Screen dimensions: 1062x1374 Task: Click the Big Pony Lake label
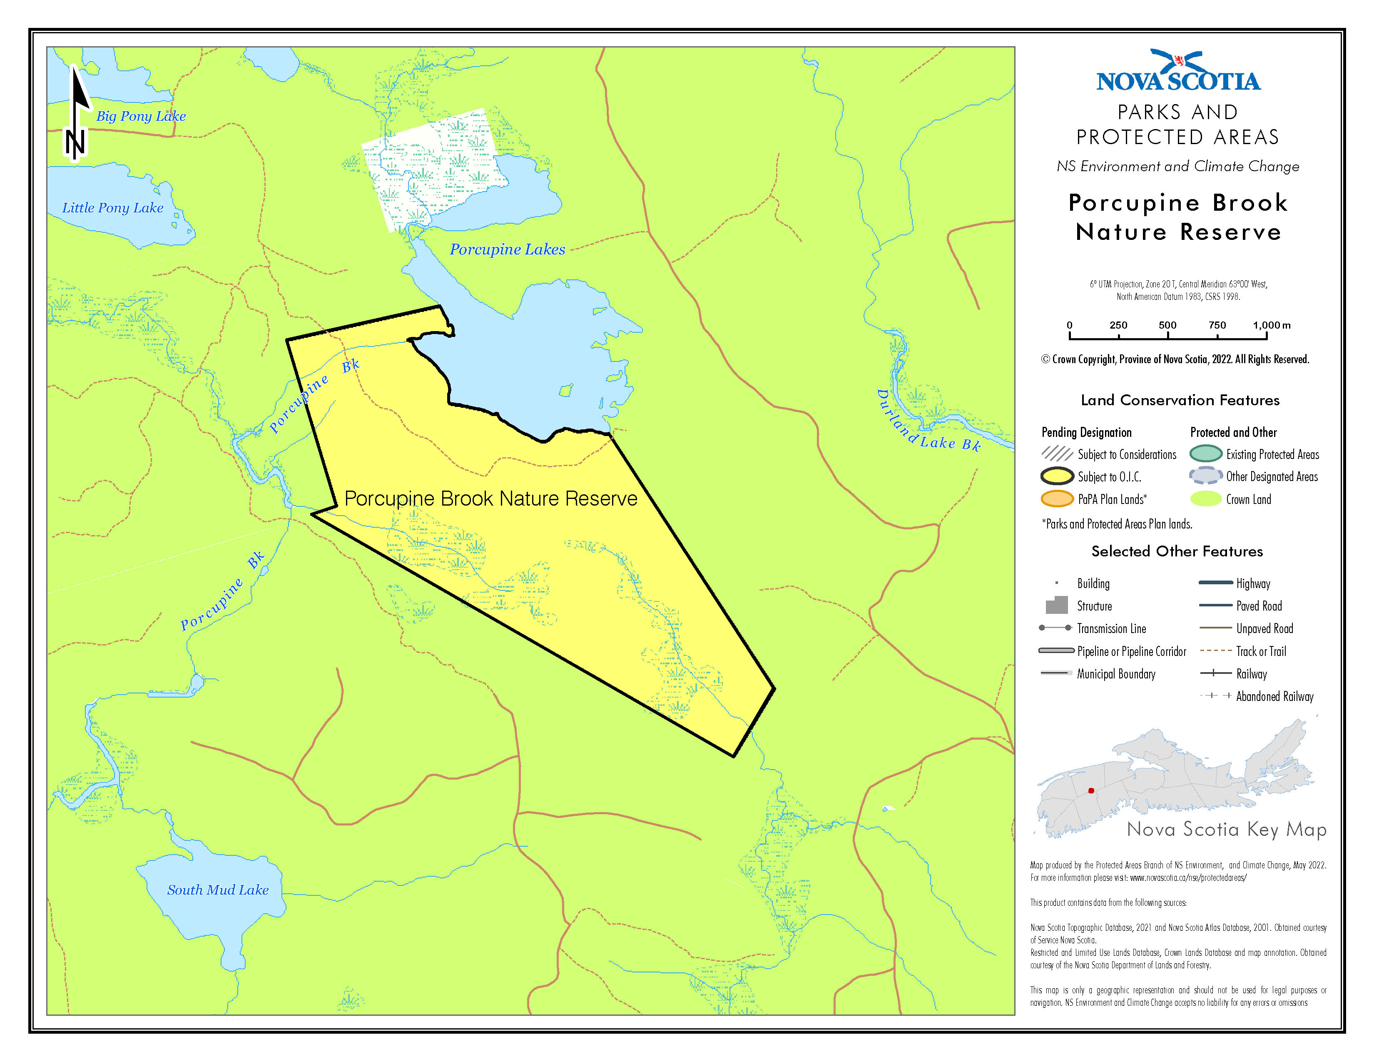pyautogui.click(x=141, y=116)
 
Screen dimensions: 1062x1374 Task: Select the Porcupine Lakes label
pyautogui.click(x=507, y=250)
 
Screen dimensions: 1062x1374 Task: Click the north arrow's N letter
pyautogui.click(x=75, y=143)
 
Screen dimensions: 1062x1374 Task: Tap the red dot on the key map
pyautogui.click(x=1091, y=791)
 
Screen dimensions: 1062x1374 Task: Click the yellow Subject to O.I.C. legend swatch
pyautogui.click(x=1057, y=476)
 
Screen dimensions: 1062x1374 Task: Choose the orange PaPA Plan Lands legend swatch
pyautogui.click(x=1057, y=499)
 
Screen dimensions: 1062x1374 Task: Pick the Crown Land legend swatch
pyautogui.click(x=1205, y=499)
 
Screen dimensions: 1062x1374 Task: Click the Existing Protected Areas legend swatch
pyautogui.click(x=1205, y=454)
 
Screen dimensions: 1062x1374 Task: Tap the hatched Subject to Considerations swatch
pyautogui.click(x=1057, y=454)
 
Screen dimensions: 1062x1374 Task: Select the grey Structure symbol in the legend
pyautogui.click(x=1057, y=605)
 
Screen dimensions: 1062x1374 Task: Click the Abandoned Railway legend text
pyautogui.click(x=1274, y=696)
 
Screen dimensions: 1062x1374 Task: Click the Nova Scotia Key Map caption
pyautogui.click(x=1226, y=830)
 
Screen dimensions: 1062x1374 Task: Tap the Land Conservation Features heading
pyautogui.click(x=1180, y=400)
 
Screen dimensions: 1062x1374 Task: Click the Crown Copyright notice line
pyautogui.click(x=1175, y=359)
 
